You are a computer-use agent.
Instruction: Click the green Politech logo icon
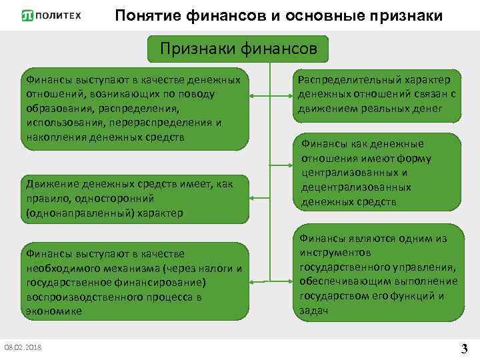27,15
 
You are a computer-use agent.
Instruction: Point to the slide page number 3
464,348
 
